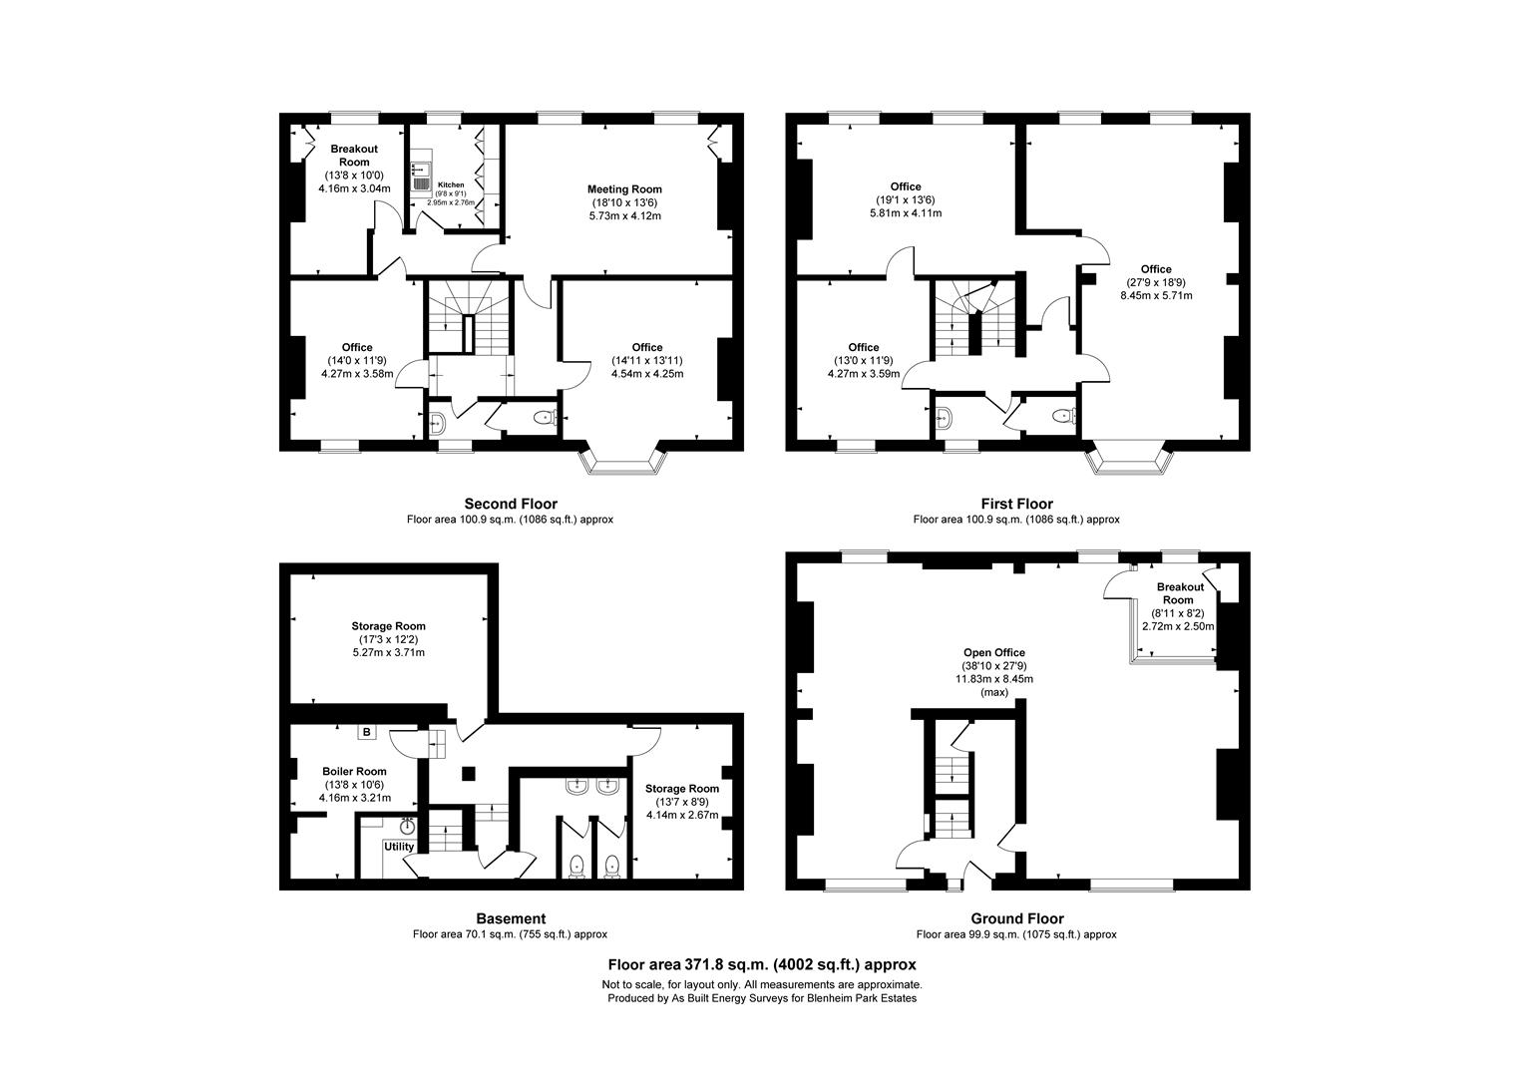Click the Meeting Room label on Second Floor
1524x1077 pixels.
[624, 189]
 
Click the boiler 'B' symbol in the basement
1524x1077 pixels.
[367, 732]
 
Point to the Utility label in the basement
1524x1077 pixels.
[399, 847]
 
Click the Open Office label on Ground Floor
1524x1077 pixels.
[994, 653]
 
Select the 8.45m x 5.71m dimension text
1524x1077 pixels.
[1156, 295]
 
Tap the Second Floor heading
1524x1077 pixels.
[511, 504]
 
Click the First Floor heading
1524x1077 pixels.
[1016, 504]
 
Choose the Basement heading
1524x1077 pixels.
[511, 918]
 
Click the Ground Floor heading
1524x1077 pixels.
[1016, 918]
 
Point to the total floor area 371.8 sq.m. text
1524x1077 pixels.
[762, 964]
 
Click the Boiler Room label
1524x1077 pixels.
[354, 771]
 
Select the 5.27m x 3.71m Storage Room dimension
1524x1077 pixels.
[389, 653]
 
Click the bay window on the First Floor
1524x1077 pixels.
[1129, 462]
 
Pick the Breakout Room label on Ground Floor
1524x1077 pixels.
[1179, 593]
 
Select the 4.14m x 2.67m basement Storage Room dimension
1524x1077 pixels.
[682, 815]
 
